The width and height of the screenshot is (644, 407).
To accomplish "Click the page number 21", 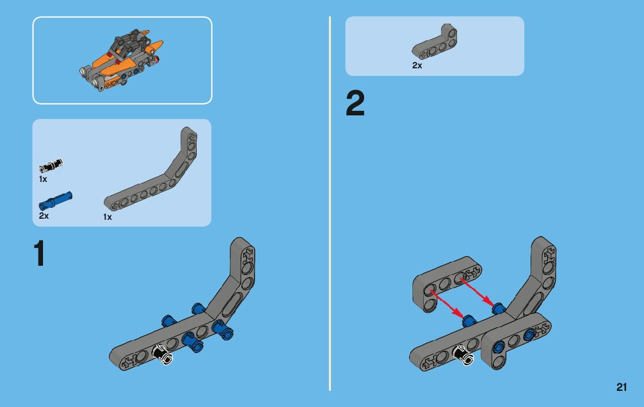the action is point(622,387).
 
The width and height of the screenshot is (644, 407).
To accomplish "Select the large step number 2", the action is point(355,104).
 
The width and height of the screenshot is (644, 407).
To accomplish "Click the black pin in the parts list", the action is point(50,166).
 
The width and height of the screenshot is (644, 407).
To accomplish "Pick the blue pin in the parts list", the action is point(56,200).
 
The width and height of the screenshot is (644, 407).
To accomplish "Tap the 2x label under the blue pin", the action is point(44,216).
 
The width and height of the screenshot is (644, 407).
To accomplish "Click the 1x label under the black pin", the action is point(43,179).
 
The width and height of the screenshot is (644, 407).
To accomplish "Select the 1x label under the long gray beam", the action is point(107,217).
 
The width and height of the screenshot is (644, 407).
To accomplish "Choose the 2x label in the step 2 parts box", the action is point(417,65).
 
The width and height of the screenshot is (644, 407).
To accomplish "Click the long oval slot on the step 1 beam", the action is point(235,301).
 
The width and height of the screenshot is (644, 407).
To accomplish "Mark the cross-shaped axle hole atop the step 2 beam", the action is point(549,252).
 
